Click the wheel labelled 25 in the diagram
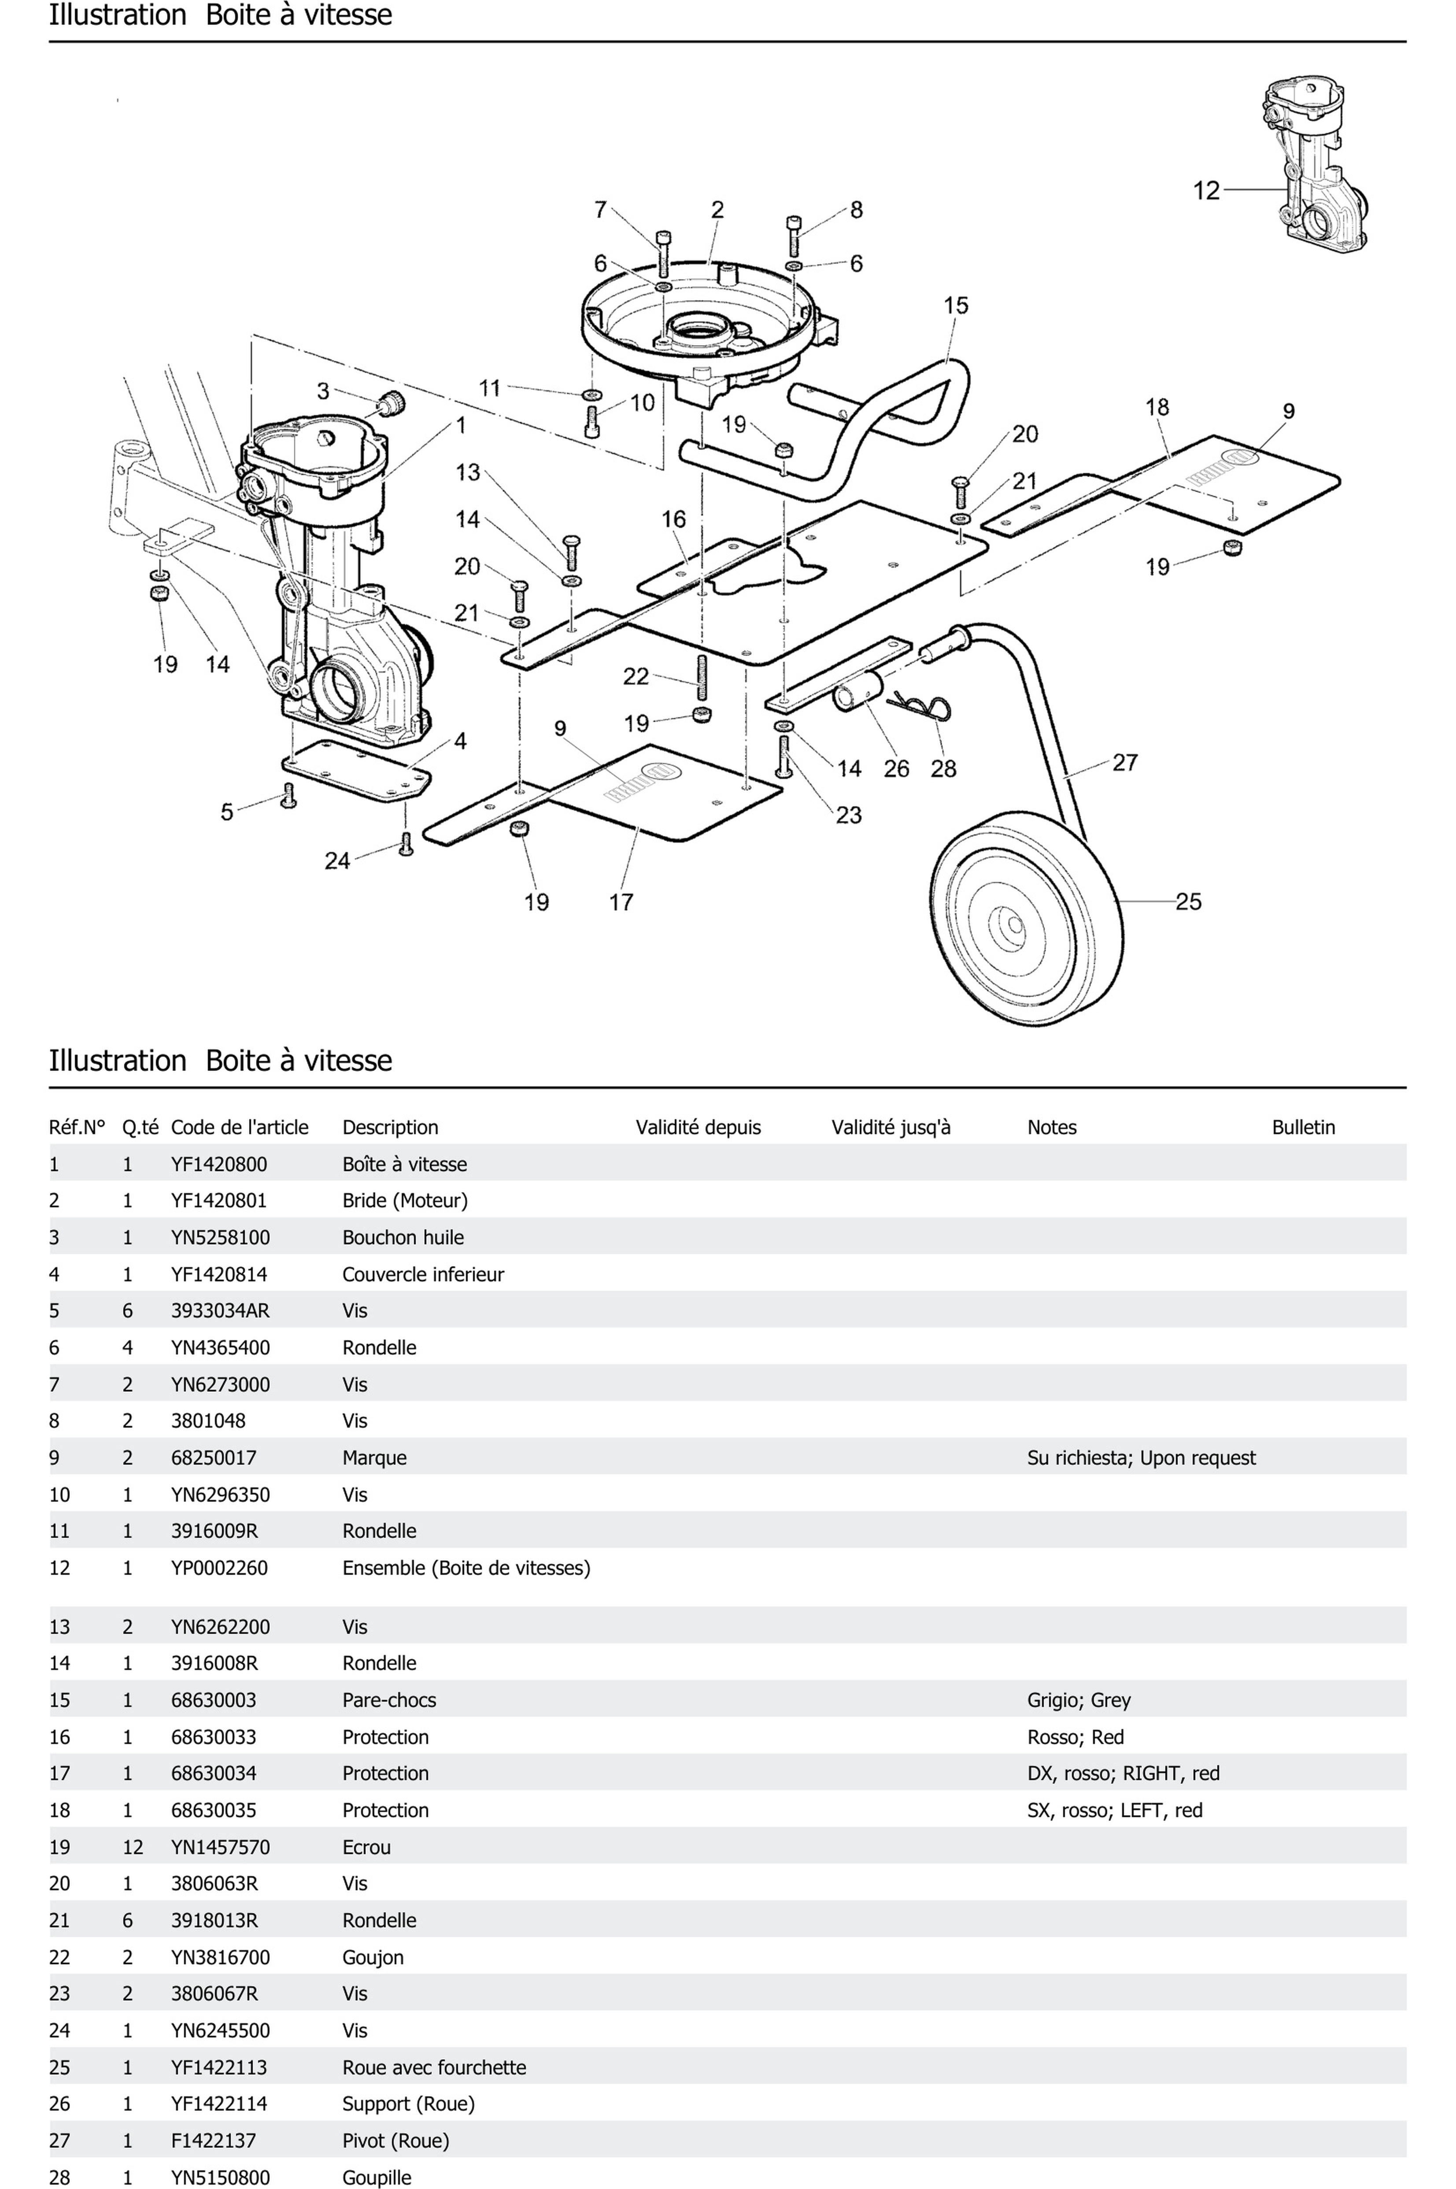point(1026,915)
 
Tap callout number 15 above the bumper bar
point(956,305)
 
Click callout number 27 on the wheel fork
point(1124,762)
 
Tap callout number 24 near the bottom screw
point(337,861)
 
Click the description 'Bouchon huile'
point(403,1237)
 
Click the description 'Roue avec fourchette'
point(434,2067)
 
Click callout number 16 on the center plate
point(673,519)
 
